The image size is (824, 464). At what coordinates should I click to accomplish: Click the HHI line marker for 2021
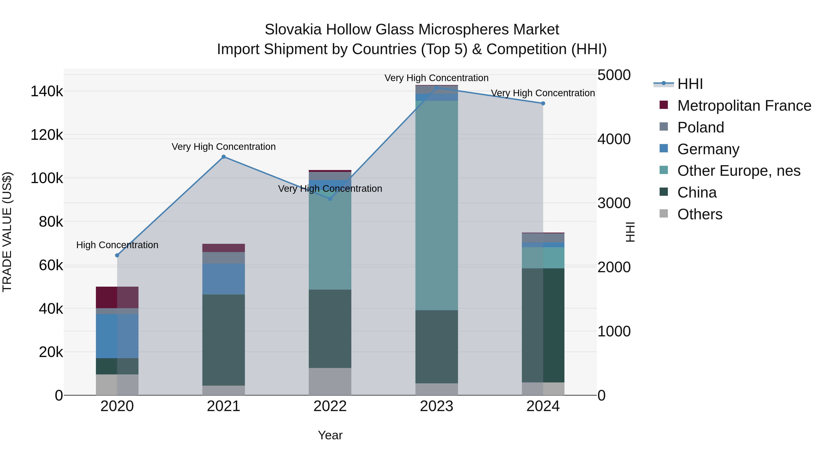tap(224, 156)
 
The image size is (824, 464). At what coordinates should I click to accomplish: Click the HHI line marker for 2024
tap(543, 103)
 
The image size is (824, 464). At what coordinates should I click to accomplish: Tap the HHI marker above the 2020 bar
tap(117, 255)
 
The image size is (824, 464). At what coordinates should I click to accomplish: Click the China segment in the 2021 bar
tap(224, 339)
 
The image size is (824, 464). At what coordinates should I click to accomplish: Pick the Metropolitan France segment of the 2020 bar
tap(117, 297)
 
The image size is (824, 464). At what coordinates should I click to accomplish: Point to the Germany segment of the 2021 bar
tap(224, 279)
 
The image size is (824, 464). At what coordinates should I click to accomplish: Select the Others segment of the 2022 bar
tap(330, 381)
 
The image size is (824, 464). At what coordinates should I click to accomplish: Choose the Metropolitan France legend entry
tap(744, 106)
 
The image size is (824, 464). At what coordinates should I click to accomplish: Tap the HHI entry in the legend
tap(690, 84)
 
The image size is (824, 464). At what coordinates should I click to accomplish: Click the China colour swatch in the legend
tap(664, 192)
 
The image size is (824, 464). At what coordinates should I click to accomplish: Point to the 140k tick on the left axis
tap(47, 92)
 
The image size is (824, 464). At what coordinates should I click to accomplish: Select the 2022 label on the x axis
tap(330, 406)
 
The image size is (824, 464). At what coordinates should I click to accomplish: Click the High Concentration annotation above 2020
tap(117, 245)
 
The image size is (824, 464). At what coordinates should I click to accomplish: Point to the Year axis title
tap(330, 435)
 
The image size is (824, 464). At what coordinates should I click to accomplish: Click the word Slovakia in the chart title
tap(293, 30)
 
